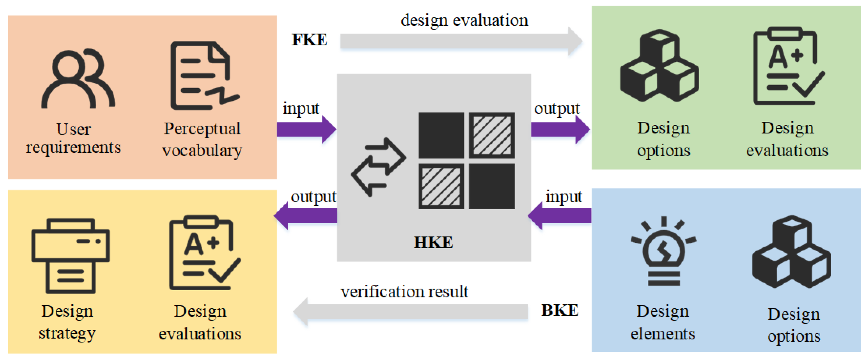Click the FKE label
[x=309, y=40]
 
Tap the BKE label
[x=559, y=310]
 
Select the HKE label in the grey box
[x=433, y=242]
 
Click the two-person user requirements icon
[x=78, y=79]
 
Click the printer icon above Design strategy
[x=70, y=256]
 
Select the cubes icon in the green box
[x=659, y=66]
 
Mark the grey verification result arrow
[x=411, y=312]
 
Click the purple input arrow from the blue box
[x=560, y=216]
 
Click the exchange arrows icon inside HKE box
[x=379, y=167]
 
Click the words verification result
[x=404, y=291]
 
